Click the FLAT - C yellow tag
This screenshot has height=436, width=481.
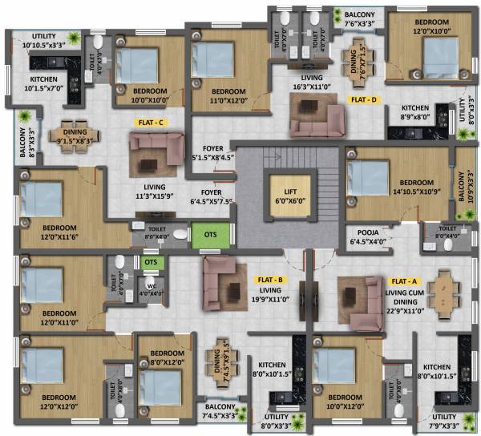coord(150,123)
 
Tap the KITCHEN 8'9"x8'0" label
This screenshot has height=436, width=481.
coord(417,113)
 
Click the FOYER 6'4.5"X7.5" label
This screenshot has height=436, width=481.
coord(216,197)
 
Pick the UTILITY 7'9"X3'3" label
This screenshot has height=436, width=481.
coord(445,422)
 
